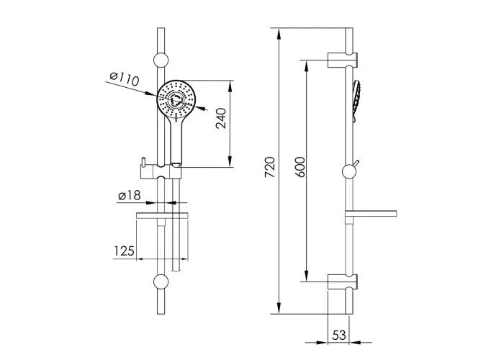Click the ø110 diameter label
(124, 79)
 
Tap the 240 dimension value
(221, 118)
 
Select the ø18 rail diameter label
(129, 195)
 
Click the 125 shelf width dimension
(124, 251)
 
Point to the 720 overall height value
(270, 167)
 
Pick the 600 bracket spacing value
(300, 167)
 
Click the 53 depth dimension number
(339, 336)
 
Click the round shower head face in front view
(176, 99)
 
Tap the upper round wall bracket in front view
(161, 60)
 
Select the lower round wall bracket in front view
(161, 282)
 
